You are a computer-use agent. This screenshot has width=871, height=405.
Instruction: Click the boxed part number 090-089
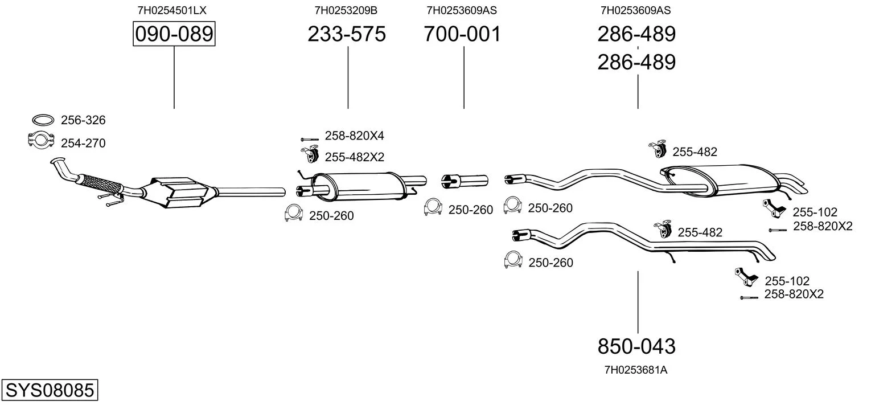tap(174, 34)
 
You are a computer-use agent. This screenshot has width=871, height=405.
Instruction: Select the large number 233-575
tap(347, 34)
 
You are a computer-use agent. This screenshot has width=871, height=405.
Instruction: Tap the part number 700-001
tap(462, 34)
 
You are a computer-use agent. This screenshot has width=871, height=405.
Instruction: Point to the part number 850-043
tap(636, 346)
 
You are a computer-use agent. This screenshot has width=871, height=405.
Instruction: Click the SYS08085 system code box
tap(50, 390)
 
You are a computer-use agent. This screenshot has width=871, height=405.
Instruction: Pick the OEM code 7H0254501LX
tap(172, 10)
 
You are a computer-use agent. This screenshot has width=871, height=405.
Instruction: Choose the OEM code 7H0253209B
tap(346, 10)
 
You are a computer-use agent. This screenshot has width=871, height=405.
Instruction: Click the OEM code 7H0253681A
tap(636, 370)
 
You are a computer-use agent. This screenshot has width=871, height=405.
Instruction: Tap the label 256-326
tap(83, 120)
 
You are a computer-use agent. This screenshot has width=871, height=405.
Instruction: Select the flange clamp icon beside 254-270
tap(41, 140)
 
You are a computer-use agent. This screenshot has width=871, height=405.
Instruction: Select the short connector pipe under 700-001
tap(465, 181)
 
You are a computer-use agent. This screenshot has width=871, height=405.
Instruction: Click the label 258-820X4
tap(355, 136)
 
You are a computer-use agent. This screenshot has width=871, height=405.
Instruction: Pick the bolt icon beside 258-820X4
tap(310, 140)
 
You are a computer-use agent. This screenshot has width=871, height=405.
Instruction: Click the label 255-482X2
tap(355, 157)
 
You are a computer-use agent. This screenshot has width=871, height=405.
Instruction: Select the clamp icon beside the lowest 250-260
tap(513, 259)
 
